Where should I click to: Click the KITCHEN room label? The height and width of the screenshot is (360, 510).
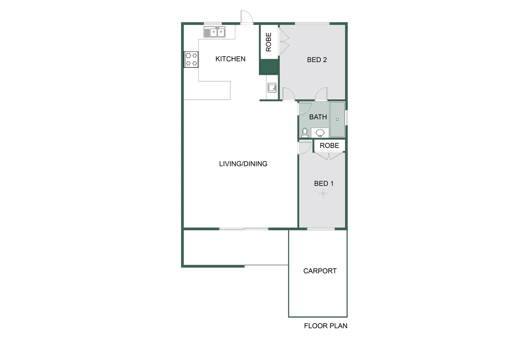tap(230, 59)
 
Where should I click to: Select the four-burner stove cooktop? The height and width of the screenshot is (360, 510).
tap(191, 59)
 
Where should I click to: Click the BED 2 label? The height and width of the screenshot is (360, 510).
tap(317, 60)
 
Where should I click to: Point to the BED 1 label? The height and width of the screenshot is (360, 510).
tap(323, 183)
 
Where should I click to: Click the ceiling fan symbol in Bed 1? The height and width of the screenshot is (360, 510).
tap(323, 193)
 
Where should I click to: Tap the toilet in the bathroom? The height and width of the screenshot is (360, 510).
tap(304, 133)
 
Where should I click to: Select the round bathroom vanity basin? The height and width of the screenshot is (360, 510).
tap(320, 133)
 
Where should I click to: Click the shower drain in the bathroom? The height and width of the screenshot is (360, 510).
tap(337, 119)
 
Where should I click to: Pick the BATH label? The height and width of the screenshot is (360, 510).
tap(318, 117)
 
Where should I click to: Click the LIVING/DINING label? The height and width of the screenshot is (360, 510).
tap(243, 164)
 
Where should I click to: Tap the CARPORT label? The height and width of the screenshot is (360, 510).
tap(320, 271)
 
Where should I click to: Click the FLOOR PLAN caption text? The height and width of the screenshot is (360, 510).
tap(325, 326)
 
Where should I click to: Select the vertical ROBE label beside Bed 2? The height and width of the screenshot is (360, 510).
tap(269, 42)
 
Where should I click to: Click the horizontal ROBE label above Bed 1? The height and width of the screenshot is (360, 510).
tap(329, 145)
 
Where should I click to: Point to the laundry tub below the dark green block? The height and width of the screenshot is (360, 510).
tap(272, 88)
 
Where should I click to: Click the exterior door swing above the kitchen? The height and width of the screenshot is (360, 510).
tap(246, 17)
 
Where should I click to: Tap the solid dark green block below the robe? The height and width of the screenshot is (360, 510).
tap(269, 67)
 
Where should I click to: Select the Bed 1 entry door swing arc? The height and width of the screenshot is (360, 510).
tap(305, 148)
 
